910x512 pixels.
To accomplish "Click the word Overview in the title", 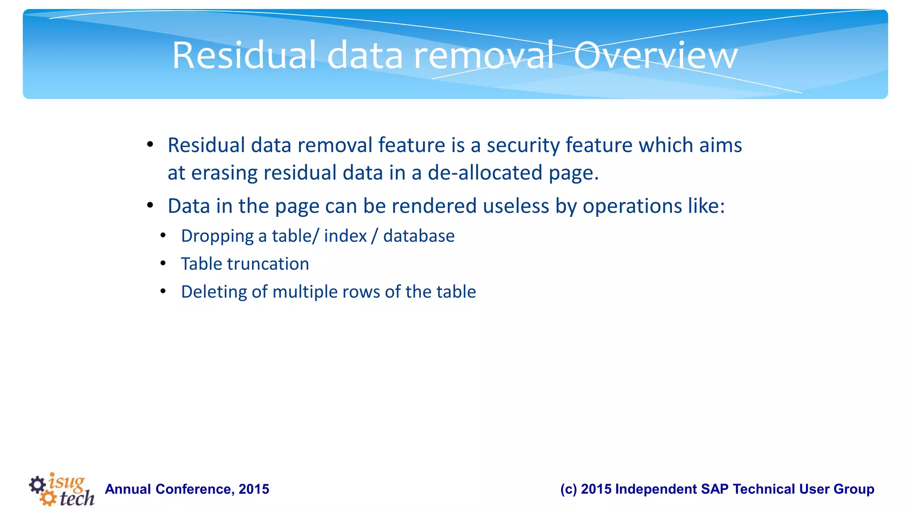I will (x=655, y=56).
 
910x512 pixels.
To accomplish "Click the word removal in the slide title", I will (x=483, y=56).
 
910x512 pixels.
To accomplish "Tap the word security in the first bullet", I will (x=523, y=145).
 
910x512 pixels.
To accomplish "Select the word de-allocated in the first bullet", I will (x=485, y=173).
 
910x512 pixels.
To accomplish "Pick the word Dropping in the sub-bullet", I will (x=217, y=236).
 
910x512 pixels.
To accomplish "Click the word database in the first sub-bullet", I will (x=419, y=236).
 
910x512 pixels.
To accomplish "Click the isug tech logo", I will (x=62, y=489).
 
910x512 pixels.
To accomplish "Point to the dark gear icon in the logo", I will (x=37, y=484).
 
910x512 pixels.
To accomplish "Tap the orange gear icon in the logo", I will (x=48, y=498).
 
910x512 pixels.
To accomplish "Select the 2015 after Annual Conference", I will (x=254, y=489).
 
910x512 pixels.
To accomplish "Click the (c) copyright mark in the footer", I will (x=568, y=489).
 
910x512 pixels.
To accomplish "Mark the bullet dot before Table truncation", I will (x=163, y=264).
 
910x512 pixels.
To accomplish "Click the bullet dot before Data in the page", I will (x=150, y=205).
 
